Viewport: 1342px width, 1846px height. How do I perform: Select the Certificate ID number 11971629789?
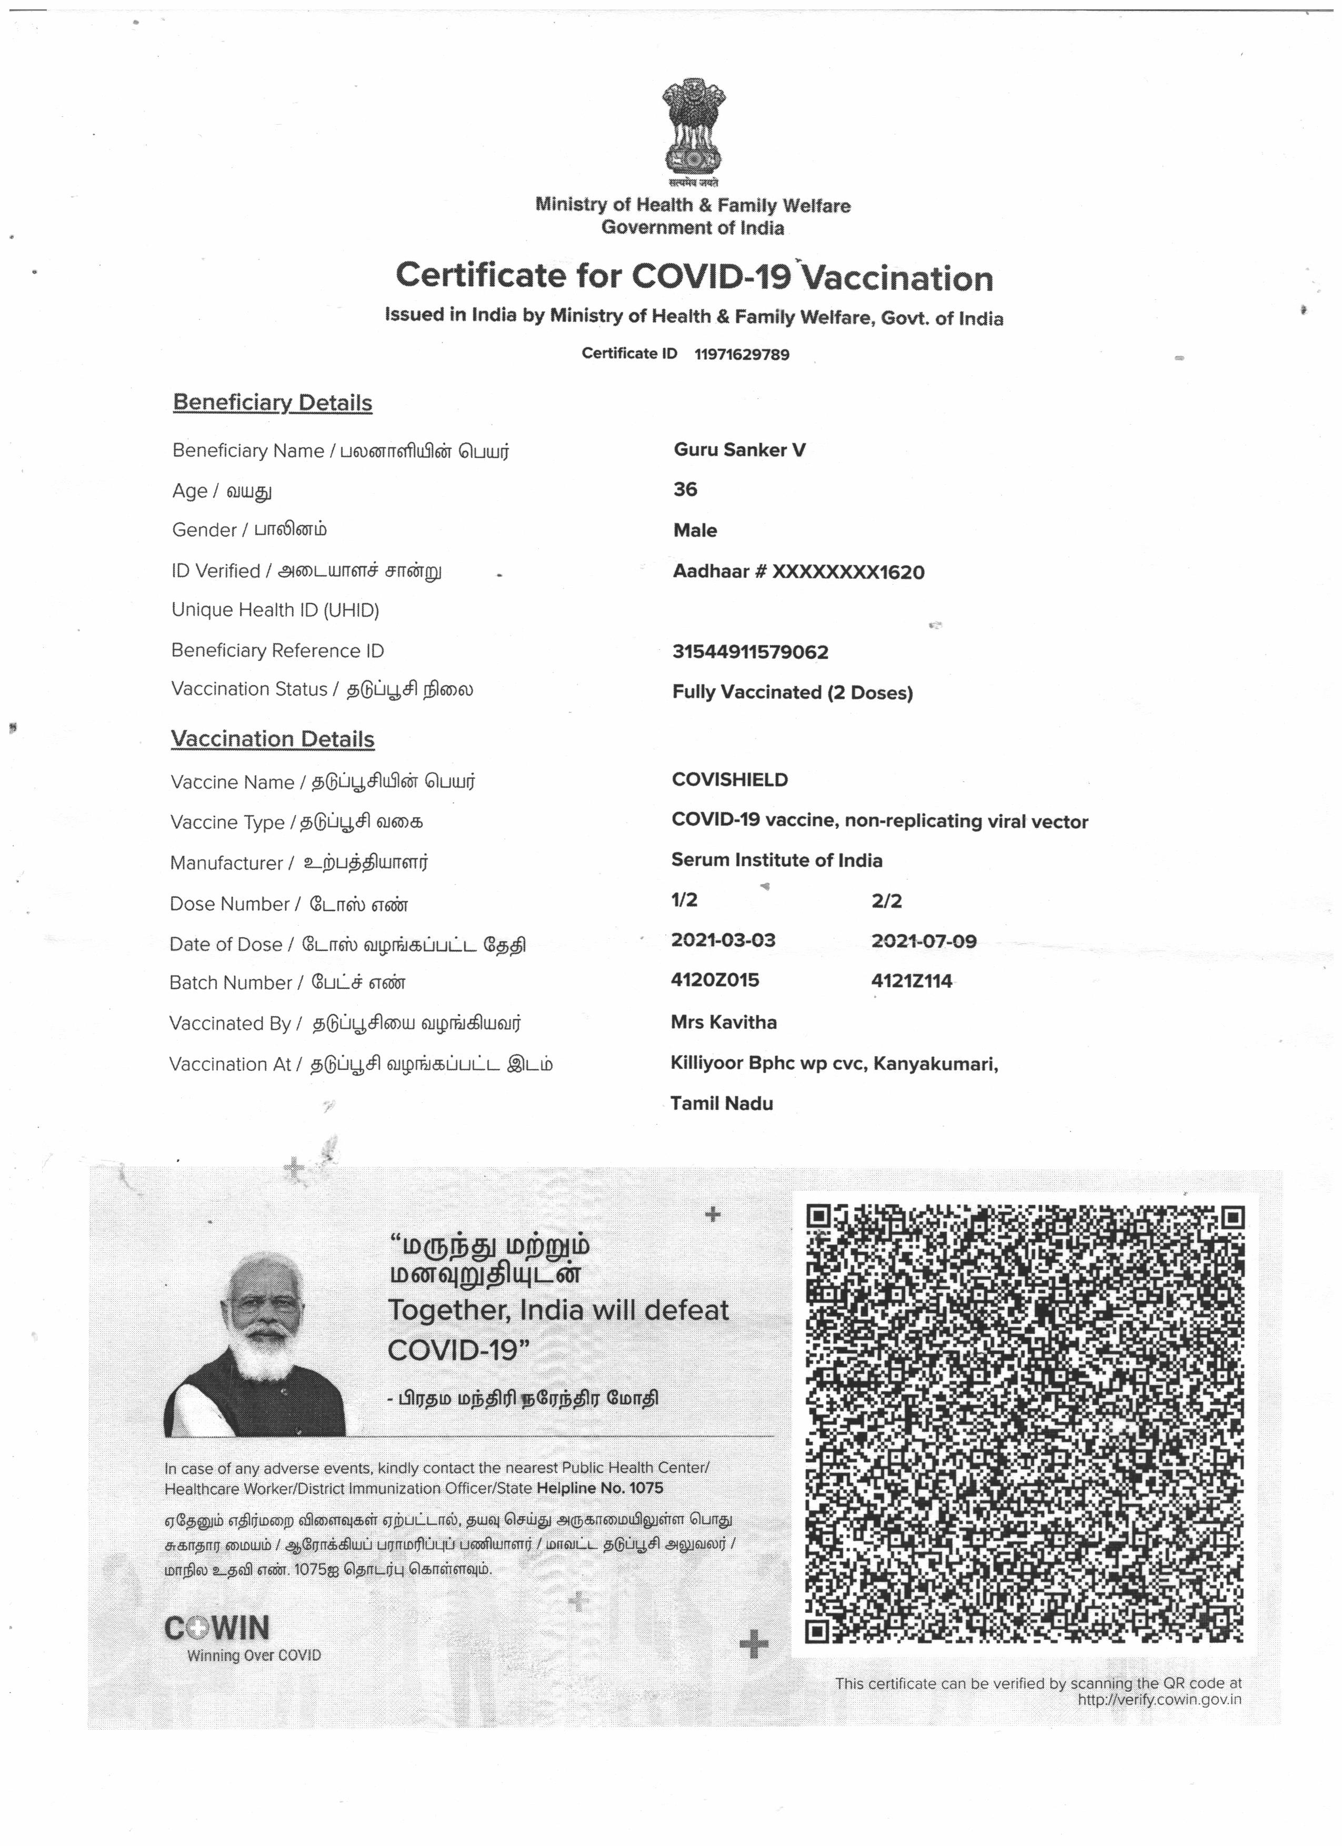tap(742, 355)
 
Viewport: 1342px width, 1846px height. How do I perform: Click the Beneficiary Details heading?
tap(273, 403)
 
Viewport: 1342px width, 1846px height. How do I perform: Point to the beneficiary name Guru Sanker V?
tap(739, 450)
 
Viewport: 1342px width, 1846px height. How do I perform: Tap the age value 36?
tap(685, 489)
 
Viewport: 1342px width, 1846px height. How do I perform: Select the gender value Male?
tap(695, 530)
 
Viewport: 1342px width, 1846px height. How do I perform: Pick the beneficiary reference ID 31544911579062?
tap(750, 652)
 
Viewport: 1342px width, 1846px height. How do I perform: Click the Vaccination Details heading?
tap(273, 739)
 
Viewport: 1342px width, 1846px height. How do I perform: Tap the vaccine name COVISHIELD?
tap(730, 780)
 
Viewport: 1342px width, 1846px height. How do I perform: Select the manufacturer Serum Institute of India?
tap(776, 860)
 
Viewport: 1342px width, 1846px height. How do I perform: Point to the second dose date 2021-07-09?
tap(924, 942)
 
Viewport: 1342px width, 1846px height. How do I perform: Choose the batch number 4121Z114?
tap(912, 981)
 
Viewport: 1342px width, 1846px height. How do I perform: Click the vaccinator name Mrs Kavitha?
tap(724, 1022)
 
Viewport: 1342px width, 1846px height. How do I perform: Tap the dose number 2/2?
tap(886, 901)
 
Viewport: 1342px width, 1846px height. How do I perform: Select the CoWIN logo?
tap(217, 1628)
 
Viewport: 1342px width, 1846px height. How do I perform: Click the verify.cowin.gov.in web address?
tap(1159, 1700)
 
